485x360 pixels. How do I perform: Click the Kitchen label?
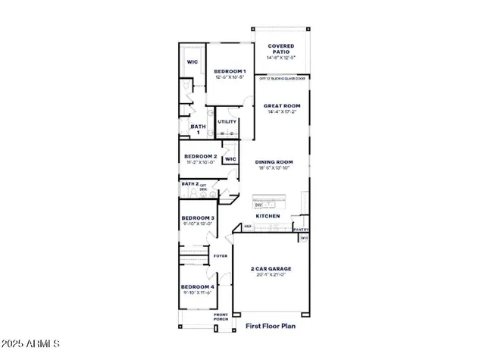[x=268, y=216]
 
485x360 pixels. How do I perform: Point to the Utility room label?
[x=227, y=121]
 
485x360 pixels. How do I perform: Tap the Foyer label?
[x=221, y=256]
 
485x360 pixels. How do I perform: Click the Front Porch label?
[x=221, y=317]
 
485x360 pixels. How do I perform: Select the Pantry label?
[x=301, y=229]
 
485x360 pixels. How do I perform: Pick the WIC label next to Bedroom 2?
[x=230, y=159]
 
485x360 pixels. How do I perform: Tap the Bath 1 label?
[x=197, y=130]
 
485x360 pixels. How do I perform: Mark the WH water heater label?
[x=305, y=237]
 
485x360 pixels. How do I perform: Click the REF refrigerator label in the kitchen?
[x=247, y=226]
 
